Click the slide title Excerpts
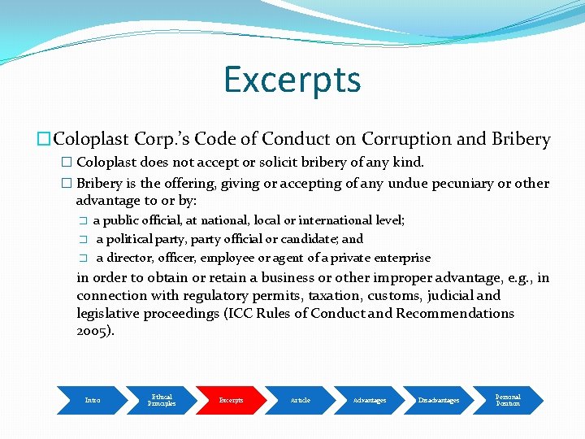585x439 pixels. [292, 80]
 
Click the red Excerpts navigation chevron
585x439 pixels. [231, 400]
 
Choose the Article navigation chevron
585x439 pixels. [300, 400]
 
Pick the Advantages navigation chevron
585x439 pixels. [370, 400]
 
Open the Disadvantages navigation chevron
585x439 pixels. [439, 400]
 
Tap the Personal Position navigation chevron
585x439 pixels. [508, 400]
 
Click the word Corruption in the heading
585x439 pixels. [401, 140]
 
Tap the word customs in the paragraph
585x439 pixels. [395, 295]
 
